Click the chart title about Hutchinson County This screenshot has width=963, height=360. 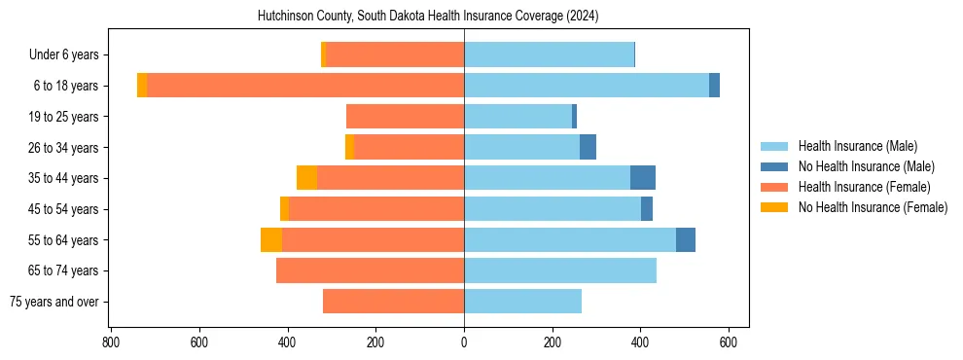tap(428, 17)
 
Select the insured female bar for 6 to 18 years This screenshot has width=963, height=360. tap(305, 86)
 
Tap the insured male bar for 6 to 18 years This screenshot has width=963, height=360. tap(587, 86)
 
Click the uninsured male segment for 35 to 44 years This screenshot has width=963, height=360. tap(643, 178)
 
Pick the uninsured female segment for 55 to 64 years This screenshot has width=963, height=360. tap(271, 240)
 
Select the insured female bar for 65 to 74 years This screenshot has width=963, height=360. tap(370, 270)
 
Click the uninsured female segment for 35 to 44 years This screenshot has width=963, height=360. tap(306, 178)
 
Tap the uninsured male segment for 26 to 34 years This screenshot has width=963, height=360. tap(588, 148)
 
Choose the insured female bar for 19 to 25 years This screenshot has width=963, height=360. tap(405, 117)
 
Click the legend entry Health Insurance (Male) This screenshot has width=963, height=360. tap(857, 146)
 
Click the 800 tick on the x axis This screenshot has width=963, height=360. tap(111, 342)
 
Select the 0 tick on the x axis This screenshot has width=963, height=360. tap(464, 342)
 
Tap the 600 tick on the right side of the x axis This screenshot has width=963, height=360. tap(729, 342)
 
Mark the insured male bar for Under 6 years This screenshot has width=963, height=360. tap(549, 55)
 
